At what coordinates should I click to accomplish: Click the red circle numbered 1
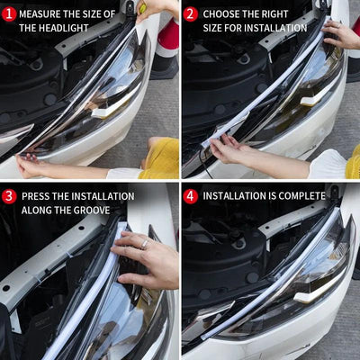tap(9, 14)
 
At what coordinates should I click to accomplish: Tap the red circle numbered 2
tap(190, 14)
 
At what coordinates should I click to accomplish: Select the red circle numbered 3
tap(9, 195)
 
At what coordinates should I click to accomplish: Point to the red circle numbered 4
tap(190, 195)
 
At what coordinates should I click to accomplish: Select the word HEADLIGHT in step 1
tap(66, 28)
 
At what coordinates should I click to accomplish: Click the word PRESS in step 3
tap(36, 196)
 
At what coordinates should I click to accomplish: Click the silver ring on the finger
tap(144, 244)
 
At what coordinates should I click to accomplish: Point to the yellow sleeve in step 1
tap(160, 159)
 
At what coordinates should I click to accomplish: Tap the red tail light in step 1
tap(167, 38)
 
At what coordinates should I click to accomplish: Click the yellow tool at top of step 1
tap(141, 7)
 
